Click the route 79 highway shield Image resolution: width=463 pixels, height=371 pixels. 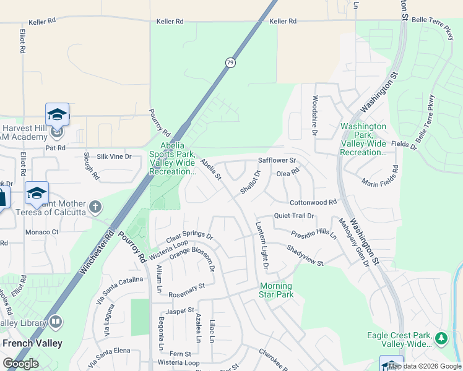coord(230,62)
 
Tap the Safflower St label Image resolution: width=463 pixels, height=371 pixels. coord(277,161)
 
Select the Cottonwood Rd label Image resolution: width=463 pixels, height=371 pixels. coord(313,202)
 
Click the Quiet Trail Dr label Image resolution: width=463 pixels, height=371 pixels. coord(294,216)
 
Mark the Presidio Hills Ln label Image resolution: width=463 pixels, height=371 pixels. coord(314,235)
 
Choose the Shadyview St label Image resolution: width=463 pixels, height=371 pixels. coord(305,255)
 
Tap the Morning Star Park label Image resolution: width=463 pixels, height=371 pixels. coord(276,290)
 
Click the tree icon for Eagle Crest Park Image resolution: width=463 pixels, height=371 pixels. coord(441,338)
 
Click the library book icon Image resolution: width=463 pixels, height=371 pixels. coord(56,322)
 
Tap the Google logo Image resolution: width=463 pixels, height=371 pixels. coord(20,364)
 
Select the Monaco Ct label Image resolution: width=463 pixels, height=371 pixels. coord(41,232)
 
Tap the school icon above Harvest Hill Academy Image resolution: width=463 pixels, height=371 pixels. coord(57,115)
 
